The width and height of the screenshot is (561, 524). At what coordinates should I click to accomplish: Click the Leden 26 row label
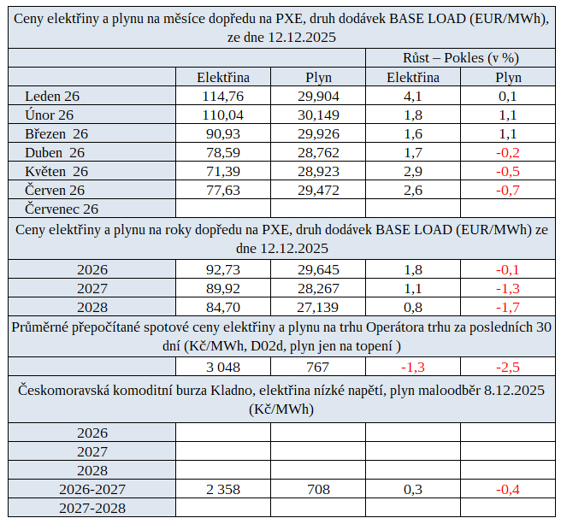point(52,96)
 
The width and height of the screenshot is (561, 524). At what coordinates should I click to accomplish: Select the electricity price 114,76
point(223,96)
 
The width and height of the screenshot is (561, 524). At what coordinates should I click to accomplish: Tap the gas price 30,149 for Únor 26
point(317,115)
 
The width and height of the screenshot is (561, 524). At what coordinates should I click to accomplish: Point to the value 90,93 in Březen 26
point(223,133)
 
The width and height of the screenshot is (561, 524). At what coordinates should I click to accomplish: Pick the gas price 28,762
point(317,152)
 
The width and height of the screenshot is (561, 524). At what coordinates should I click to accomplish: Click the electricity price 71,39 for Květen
point(223,171)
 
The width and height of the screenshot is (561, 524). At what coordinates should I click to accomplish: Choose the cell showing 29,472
point(317,190)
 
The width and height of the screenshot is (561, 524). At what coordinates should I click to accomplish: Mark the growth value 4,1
point(413,96)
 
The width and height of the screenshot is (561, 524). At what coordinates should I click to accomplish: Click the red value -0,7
point(508,190)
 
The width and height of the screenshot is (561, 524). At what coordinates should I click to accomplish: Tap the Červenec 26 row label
point(62,209)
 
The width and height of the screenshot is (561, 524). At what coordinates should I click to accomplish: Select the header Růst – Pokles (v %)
point(461,58)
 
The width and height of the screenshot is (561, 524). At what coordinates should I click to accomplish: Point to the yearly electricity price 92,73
point(223,269)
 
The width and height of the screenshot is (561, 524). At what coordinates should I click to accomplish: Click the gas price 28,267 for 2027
point(317,288)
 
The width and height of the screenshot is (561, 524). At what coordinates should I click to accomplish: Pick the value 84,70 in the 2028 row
point(223,307)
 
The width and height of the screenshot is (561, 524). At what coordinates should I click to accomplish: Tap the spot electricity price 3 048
point(223,367)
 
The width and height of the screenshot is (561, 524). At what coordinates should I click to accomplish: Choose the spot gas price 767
point(317,367)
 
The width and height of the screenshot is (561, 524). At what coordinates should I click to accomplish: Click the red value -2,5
point(508,367)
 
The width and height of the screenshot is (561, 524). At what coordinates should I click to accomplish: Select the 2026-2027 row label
point(92,489)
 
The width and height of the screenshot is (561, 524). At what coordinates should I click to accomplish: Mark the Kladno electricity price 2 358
point(223,489)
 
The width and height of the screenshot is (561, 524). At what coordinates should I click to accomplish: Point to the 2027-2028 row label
point(92,508)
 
